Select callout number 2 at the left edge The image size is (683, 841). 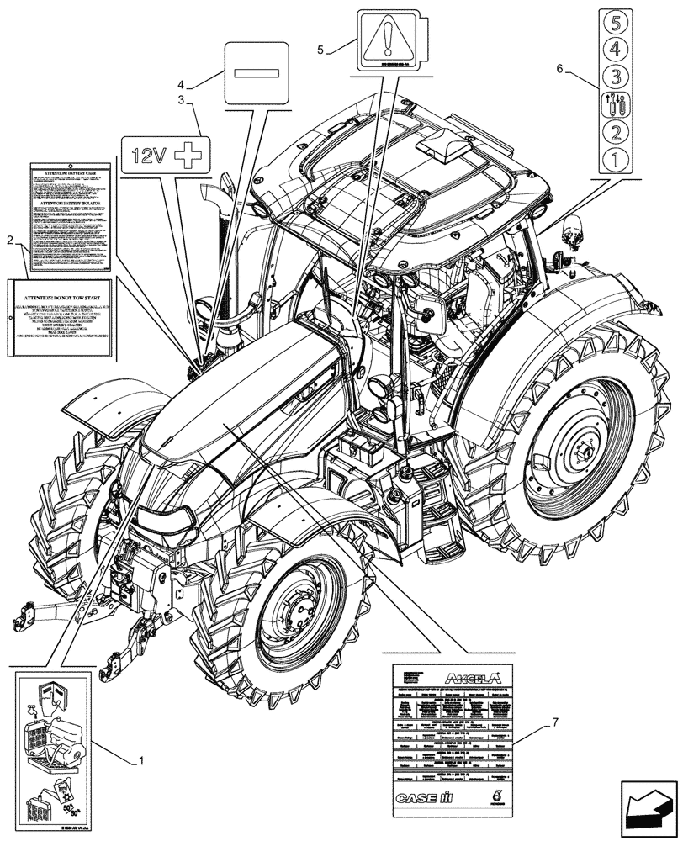click(x=9, y=241)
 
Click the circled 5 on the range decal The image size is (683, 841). click(x=615, y=21)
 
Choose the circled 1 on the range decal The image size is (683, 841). click(x=615, y=158)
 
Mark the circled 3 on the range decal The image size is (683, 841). click(x=615, y=77)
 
